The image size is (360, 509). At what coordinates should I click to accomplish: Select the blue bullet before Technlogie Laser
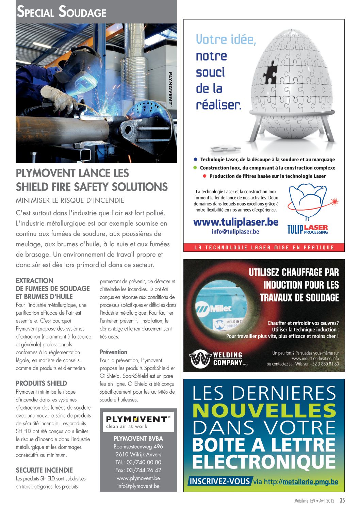coord(196,159)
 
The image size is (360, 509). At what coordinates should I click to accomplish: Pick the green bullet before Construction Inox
coord(195,168)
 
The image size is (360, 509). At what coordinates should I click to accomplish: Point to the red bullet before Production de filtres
coord(205,176)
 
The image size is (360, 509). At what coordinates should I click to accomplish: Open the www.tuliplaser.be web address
coord(236,222)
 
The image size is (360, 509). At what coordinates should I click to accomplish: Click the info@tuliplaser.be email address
coord(235,232)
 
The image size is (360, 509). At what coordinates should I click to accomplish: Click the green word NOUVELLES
coord(264,411)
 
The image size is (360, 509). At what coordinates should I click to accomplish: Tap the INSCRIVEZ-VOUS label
coord(220,481)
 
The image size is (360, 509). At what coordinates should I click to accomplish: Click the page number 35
coord(342,500)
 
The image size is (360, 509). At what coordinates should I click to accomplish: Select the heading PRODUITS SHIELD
coord(41,383)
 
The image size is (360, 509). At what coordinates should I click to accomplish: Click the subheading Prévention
coord(113,352)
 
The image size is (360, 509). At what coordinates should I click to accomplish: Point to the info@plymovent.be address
coord(138,486)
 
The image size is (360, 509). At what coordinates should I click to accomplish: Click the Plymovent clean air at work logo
coord(138,422)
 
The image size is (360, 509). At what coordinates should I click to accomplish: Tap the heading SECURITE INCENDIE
coord(44,470)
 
